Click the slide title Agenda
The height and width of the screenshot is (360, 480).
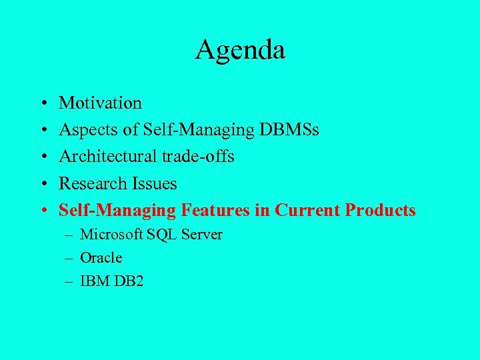point(240,50)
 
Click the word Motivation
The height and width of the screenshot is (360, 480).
point(100,103)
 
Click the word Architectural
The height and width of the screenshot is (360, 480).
point(108,157)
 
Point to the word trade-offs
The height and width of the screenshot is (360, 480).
point(198,157)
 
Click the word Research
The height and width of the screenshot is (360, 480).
point(89,183)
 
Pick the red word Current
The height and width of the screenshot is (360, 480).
point(307,210)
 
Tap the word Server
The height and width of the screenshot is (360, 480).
point(201,235)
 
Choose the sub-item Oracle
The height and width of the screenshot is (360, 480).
point(101,258)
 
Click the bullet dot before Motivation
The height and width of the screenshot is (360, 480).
point(42,104)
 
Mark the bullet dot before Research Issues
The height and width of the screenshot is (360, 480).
point(42,184)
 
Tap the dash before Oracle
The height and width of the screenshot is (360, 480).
point(69,258)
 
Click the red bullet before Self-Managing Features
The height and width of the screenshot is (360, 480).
point(42,211)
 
